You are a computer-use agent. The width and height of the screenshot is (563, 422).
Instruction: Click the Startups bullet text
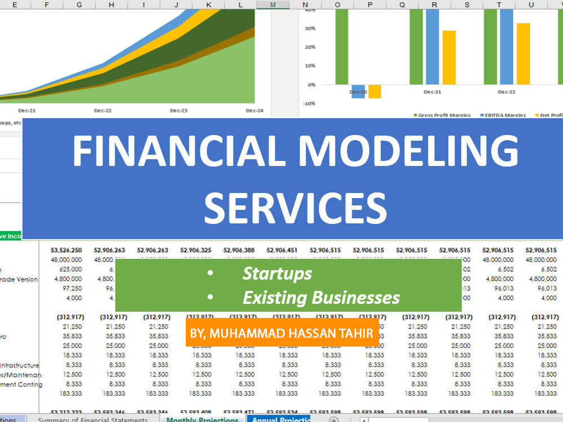click(x=277, y=273)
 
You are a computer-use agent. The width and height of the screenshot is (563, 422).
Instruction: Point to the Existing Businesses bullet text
click(x=321, y=298)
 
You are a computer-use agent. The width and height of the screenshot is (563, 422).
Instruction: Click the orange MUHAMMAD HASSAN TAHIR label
click(x=281, y=334)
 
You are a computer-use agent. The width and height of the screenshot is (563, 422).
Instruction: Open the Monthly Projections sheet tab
click(x=203, y=419)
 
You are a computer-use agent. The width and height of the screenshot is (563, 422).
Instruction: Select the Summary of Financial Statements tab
click(x=92, y=419)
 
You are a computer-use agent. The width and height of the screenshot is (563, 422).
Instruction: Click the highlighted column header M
click(x=273, y=5)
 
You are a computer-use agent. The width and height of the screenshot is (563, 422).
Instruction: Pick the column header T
click(x=499, y=5)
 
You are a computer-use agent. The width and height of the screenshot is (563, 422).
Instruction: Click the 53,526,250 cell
click(x=66, y=250)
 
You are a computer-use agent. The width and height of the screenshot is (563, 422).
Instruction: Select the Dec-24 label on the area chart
click(x=254, y=111)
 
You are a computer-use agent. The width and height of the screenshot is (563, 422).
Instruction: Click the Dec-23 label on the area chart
click(x=178, y=111)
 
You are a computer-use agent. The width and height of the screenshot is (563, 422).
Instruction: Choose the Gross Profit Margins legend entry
click(x=441, y=115)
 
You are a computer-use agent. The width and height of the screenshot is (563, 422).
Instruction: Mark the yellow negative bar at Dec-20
click(x=375, y=92)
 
